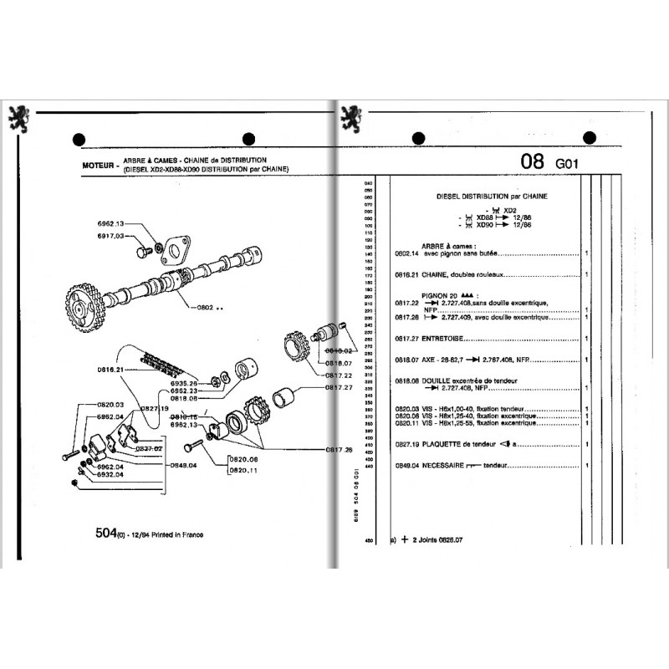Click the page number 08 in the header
click(x=532, y=161)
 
